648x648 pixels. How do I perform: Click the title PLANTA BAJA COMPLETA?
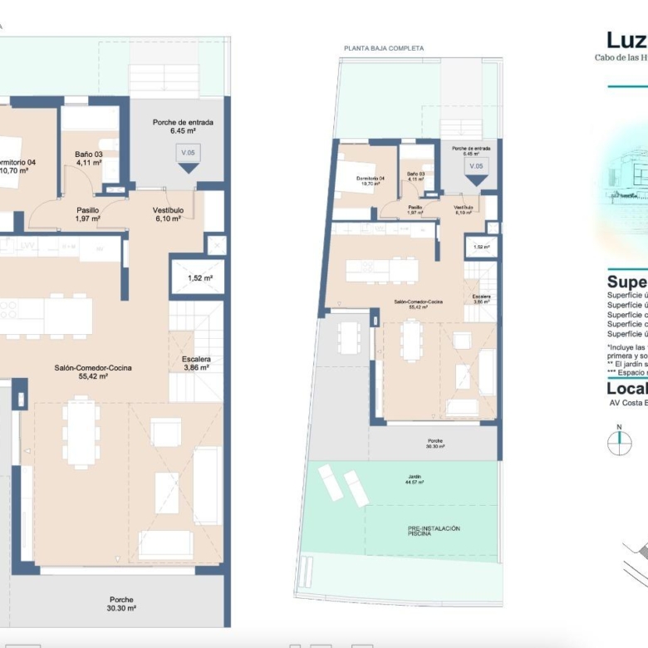[384, 48]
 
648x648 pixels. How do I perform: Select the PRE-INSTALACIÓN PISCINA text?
[434, 532]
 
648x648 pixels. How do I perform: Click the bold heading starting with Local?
[627, 389]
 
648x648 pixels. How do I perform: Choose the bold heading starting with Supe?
[627, 282]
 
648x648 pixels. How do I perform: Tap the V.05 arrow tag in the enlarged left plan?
[189, 156]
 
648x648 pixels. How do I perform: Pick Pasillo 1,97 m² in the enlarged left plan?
[87, 214]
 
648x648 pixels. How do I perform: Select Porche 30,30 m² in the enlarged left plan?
[121, 603]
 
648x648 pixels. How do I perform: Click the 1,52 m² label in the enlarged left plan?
[199, 278]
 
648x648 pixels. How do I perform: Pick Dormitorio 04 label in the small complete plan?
[371, 180]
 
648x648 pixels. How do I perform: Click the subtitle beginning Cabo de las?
[621, 57]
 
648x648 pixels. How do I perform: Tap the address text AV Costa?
[628, 403]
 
